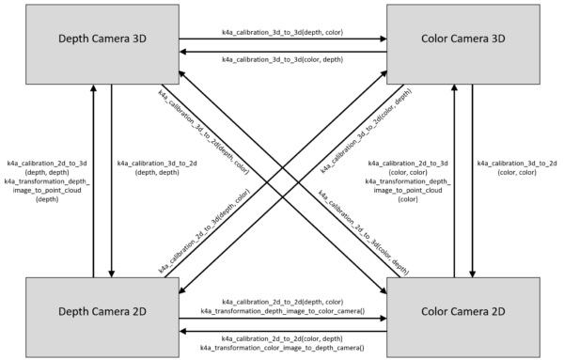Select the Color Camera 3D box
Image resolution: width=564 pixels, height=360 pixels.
469,42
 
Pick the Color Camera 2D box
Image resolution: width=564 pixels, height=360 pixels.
469,315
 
